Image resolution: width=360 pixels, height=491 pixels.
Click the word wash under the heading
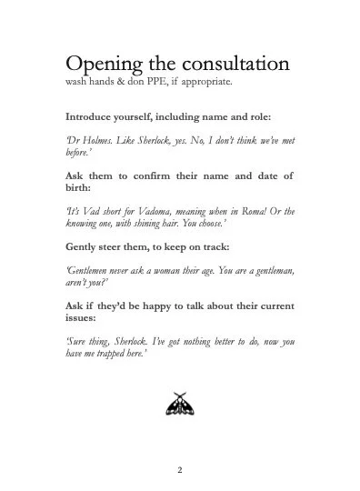tap(76, 85)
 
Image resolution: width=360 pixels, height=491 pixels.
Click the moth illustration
tap(180, 406)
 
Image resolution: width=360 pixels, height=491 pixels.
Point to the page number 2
tap(180, 470)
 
